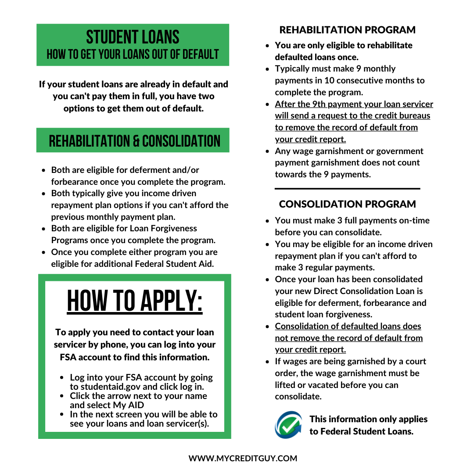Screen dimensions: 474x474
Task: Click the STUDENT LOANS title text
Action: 133,37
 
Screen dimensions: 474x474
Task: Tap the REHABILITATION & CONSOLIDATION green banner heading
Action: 134,141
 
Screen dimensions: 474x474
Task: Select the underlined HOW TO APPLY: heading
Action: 135,302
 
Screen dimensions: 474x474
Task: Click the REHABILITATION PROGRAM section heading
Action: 347,30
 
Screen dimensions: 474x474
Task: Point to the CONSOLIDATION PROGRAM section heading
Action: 347,204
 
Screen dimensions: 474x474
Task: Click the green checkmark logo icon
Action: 288,425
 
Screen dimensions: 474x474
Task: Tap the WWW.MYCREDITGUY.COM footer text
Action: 243,458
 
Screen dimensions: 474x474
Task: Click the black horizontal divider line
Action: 347,188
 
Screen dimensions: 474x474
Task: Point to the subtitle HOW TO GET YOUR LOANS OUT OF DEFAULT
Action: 133,54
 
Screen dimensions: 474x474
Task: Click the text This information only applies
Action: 368,419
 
